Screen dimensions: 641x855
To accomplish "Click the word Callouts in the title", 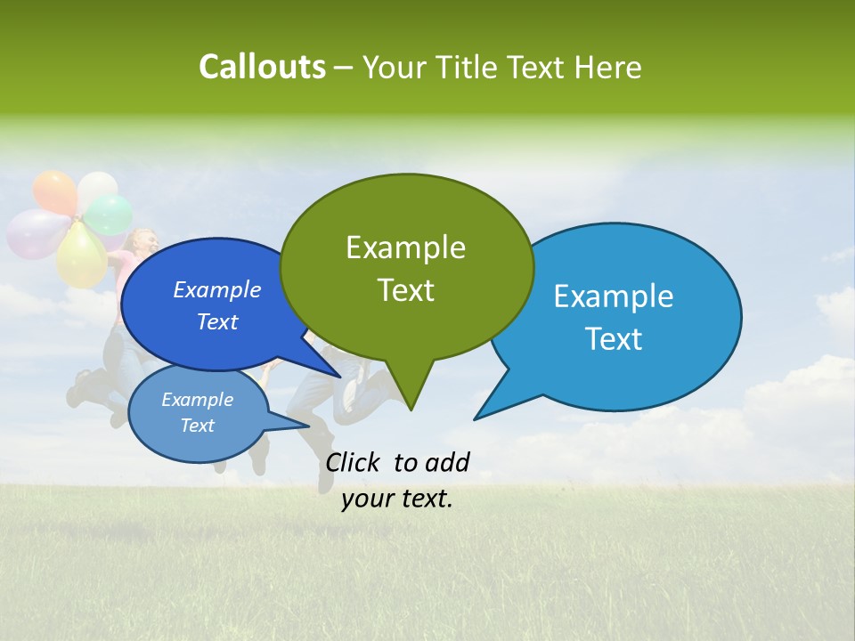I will point(262,67).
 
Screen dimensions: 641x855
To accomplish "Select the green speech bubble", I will point(406,267).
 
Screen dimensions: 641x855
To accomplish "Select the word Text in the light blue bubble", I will point(615,339).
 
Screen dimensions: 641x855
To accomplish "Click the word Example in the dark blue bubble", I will point(216,289).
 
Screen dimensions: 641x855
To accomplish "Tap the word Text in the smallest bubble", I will point(198,426).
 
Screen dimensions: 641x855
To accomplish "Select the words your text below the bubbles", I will point(397,499).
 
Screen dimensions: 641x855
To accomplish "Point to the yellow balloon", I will point(82,254).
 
